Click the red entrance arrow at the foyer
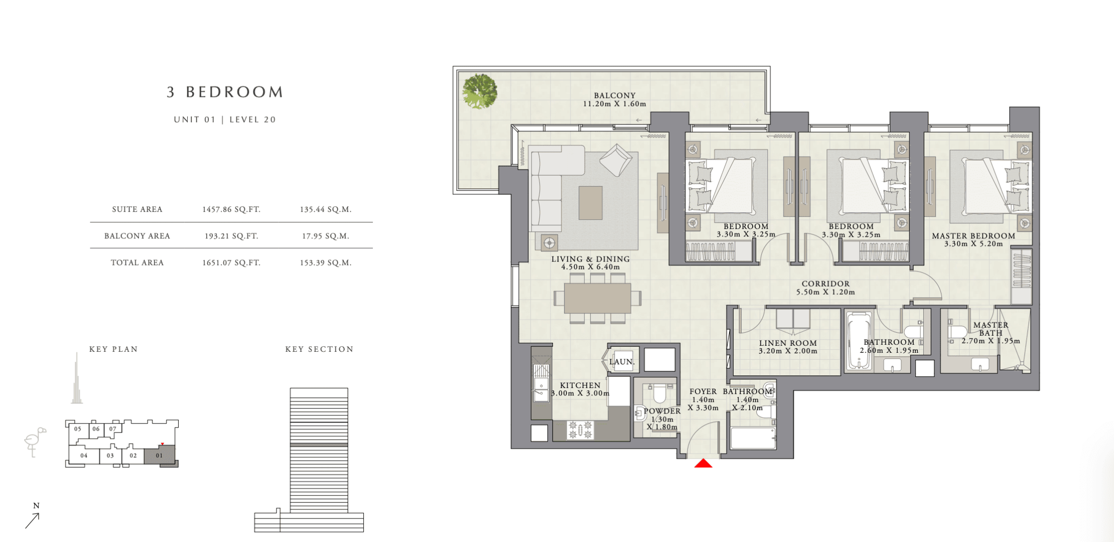pyautogui.click(x=703, y=463)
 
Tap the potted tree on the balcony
pyautogui.click(x=480, y=91)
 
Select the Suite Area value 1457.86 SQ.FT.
pyautogui.click(x=231, y=209)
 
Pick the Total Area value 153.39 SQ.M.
pyautogui.click(x=326, y=262)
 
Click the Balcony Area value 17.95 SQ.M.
pyautogui.click(x=326, y=236)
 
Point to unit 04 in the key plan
pyautogui.click(x=84, y=456)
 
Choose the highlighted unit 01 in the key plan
pyautogui.click(x=160, y=456)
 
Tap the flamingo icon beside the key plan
pyautogui.click(x=35, y=442)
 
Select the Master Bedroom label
pyautogui.click(x=973, y=236)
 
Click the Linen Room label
pyautogui.click(x=788, y=343)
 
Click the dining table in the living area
pyautogui.click(x=598, y=298)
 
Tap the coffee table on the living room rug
pyautogui.click(x=591, y=203)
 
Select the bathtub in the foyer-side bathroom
pyautogui.click(x=753, y=438)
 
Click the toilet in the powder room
pyautogui.click(x=658, y=394)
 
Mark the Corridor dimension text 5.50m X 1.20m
pyautogui.click(x=825, y=292)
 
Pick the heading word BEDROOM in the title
pyautogui.click(x=235, y=92)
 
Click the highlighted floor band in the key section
pyautogui.click(x=319, y=445)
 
